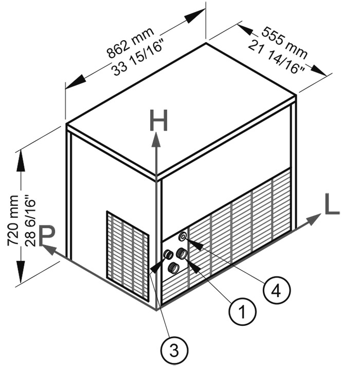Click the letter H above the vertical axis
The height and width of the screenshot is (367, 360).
click(158, 121)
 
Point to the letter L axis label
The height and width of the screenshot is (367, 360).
click(331, 205)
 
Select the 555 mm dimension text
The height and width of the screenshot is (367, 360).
click(284, 41)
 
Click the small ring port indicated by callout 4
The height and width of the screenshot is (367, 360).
click(183, 236)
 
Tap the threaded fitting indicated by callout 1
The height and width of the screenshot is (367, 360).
click(181, 253)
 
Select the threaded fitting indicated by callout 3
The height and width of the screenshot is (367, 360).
click(168, 255)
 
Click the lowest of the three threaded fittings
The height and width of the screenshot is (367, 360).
click(174, 267)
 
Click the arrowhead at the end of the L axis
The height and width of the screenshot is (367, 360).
click(314, 220)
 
